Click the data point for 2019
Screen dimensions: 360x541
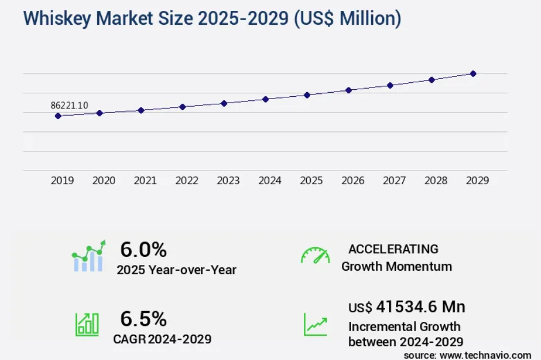(x=58, y=116)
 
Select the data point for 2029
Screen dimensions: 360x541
(x=473, y=74)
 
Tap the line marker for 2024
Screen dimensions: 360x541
(x=265, y=99)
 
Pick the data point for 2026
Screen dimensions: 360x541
(x=349, y=90)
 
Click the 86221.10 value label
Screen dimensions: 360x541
(x=69, y=105)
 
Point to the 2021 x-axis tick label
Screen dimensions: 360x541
(x=145, y=181)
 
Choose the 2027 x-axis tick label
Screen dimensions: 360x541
(x=394, y=181)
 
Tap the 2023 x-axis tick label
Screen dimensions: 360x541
(x=228, y=181)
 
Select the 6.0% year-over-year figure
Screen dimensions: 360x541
(x=143, y=249)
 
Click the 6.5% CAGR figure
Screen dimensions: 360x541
(x=143, y=319)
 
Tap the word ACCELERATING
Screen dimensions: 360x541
(x=393, y=249)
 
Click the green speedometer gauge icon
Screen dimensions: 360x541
(x=315, y=256)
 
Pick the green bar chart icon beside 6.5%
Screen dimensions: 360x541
(x=87, y=324)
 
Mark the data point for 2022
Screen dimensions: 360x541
(x=182, y=107)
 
